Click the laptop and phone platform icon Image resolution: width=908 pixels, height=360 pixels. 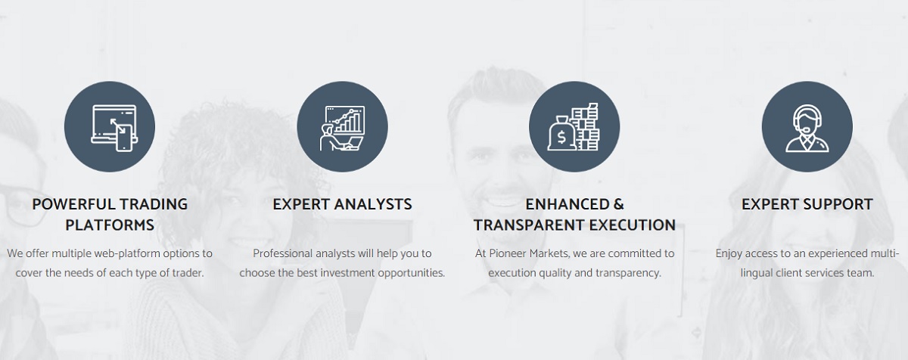click(114, 128)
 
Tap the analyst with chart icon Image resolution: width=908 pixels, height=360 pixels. click(343, 128)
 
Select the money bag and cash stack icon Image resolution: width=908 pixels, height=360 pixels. click(574, 127)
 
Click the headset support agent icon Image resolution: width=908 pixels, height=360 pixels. click(807, 128)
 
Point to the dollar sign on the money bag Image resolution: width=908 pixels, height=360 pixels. click(561, 138)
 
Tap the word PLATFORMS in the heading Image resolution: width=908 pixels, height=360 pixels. click(110, 225)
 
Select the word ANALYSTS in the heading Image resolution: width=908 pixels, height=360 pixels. click(372, 204)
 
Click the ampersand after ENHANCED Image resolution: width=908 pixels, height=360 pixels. click(619, 204)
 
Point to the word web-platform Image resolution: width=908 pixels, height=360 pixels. click(127, 254)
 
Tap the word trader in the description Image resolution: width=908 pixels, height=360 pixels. click(188, 273)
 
